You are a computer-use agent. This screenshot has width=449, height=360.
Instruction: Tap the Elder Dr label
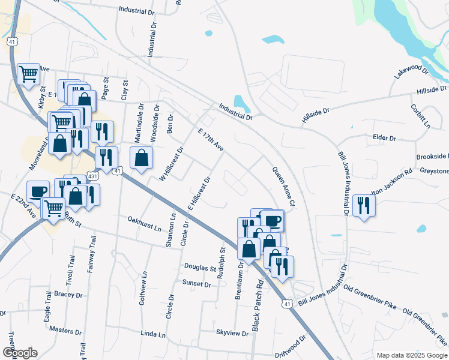(385, 138)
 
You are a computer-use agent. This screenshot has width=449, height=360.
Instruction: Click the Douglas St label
(200, 268)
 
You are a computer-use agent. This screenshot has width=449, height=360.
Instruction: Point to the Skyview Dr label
(232, 332)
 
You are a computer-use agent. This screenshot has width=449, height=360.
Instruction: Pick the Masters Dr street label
(65, 331)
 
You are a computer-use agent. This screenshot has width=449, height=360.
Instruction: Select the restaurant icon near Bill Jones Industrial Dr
(363, 206)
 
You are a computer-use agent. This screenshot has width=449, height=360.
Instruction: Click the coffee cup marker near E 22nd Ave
(38, 191)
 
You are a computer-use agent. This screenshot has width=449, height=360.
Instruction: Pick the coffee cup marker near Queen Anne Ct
(273, 220)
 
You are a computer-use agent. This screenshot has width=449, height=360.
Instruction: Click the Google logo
(20, 353)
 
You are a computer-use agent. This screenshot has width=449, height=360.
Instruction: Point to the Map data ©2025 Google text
(412, 355)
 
